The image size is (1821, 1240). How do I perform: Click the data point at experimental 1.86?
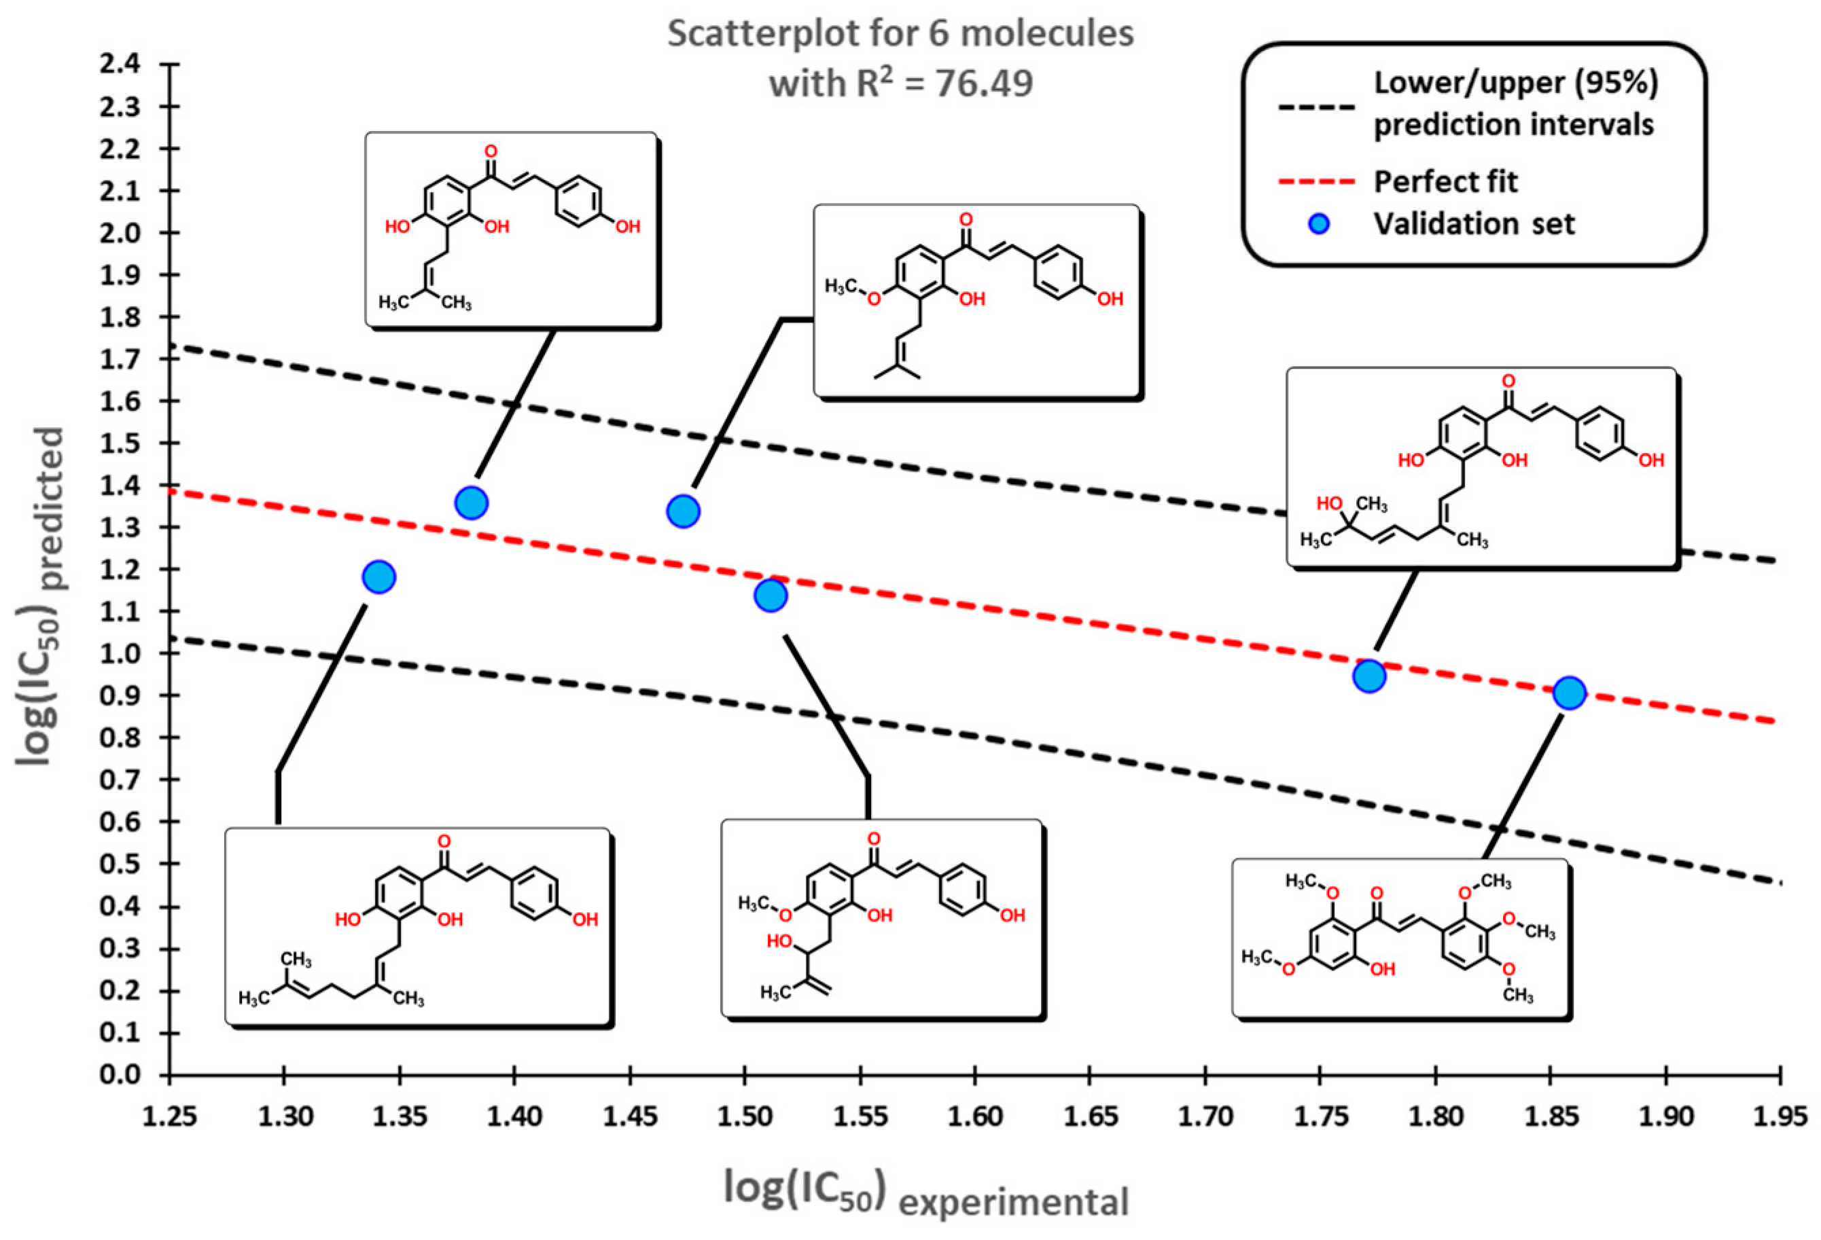pos(1569,693)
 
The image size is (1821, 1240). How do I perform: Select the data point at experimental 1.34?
pos(379,577)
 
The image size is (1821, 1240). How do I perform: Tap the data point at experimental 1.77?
pos(1369,675)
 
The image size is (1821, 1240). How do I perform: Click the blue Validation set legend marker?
pos(1320,225)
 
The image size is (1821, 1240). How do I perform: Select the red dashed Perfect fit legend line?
pos(1316,182)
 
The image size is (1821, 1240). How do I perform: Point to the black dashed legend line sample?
pos(1316,107)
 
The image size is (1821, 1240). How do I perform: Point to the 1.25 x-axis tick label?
pos(169,1116)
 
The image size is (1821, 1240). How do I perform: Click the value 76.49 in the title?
pos(983,83)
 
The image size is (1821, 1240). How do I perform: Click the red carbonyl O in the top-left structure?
pos(491,150)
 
